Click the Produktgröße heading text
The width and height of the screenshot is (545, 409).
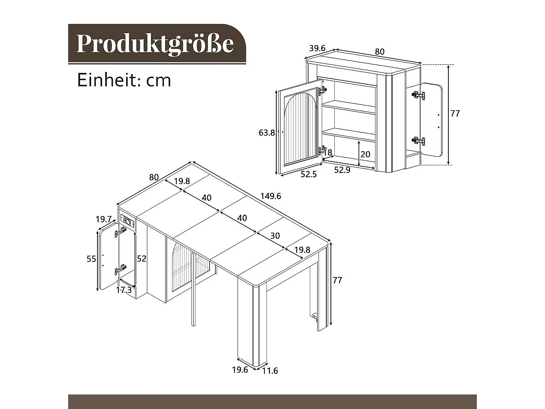[155, 43]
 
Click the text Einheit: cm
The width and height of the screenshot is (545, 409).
[124, 80]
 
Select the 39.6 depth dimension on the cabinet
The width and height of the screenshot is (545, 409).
[317, 48]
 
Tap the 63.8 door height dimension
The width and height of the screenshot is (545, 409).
[267, 132]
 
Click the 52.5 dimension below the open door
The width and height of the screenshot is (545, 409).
[309, 174]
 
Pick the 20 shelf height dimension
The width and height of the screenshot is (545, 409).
[365, 154]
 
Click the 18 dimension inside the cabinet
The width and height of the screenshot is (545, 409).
[327, 152]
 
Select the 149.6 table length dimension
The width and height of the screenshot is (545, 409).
[271, 196]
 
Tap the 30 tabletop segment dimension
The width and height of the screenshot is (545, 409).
[275, 236]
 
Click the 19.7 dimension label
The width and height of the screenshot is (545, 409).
[103, 219]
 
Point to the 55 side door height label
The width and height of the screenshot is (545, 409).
[91, 259]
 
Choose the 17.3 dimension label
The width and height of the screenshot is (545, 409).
[124, 290]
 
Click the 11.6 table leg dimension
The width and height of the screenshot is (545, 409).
[270, 371]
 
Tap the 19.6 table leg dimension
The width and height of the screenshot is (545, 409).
[240, 370]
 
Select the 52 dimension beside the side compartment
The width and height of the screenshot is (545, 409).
[142, 259]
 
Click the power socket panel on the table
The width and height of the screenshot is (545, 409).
[128, 222]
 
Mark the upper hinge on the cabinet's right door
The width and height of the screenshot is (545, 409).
[418, 95]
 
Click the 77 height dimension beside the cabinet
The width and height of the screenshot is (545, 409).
[455, 114]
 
